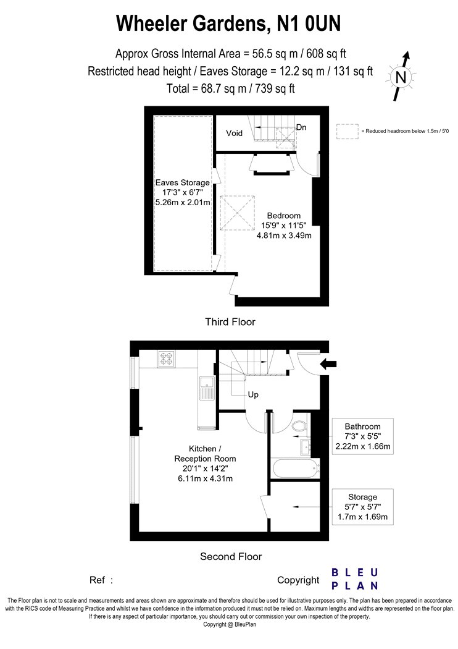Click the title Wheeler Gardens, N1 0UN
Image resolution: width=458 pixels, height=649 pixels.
pyautogui.click(x=228, y=23)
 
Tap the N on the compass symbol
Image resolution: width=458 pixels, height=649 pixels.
pyautogui.click(x=401, y=77)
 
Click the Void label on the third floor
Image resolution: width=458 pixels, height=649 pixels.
pyautogui.click(x=234, y=134)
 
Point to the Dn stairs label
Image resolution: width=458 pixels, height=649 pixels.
pyautogui.click(x=301, y=127)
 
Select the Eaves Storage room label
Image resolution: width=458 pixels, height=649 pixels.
pyautogui.click(x=182, y=182)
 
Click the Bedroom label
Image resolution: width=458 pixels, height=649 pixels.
pyautogui.click(x=283, y=216)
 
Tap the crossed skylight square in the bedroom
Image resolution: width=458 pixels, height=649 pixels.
pyautogui.click(x=237, y=213)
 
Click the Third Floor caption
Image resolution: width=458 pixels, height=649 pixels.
pyautogui.click(x=230, y=321)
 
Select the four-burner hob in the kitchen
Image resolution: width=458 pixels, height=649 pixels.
pyautogui.click(x=167, y=358)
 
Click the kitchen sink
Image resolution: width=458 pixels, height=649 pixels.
pyautogui.click(x=206, y=388)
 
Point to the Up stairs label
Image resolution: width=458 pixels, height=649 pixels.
pyautogui.click(x=253, y=394)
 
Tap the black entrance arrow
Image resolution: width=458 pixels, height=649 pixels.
pyautogui.click(x=328, y=364)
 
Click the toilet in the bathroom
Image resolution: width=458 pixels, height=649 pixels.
pyautogui.click(x=299, y=426)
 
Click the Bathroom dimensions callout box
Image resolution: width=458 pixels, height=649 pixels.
pyautogui.click(x=362, y=436)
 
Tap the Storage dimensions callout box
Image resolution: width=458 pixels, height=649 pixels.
pyautogui.click(x=362, y=507)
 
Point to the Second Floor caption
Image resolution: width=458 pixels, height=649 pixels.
pyautogui.click(x=231, y=557)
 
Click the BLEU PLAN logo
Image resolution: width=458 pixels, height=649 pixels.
pyautogui.click(x=355, y=579)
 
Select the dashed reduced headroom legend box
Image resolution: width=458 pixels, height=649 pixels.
pyautogui.click(x=348, y=131)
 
